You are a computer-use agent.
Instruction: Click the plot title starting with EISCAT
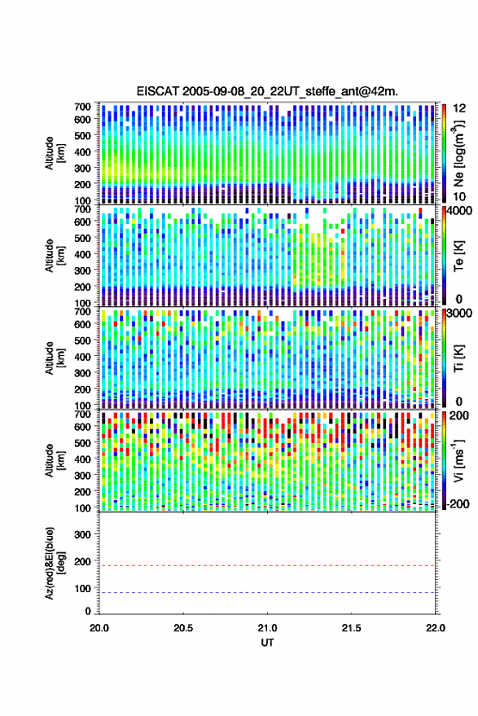[x=267, y=91]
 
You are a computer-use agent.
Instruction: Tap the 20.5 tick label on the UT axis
[x=183, y=628]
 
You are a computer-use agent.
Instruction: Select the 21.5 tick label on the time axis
[x=351, y=628]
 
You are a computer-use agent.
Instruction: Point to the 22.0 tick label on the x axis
[x=435, y=628]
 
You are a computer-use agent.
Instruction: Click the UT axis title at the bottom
[x=267, y=643]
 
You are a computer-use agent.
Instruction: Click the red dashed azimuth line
[x=267, y=566]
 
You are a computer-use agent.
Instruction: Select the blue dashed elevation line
[x=267, y=593]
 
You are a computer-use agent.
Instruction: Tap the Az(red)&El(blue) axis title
[x=55, y=563]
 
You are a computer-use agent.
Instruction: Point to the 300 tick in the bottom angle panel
[x=82, y=534]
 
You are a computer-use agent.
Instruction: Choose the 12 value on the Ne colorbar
[x=459, y=108]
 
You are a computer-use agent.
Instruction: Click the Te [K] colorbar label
[x=458, y=256]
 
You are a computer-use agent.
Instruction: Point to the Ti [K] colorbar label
[x=458, y=358]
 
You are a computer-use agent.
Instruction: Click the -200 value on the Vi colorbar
[x=458, y=504]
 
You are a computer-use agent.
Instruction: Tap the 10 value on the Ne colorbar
[x=459, y=197]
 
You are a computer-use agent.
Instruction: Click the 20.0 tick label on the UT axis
[x=99, y=628]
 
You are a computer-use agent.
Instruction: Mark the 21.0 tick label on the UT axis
[x=267, y=628]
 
